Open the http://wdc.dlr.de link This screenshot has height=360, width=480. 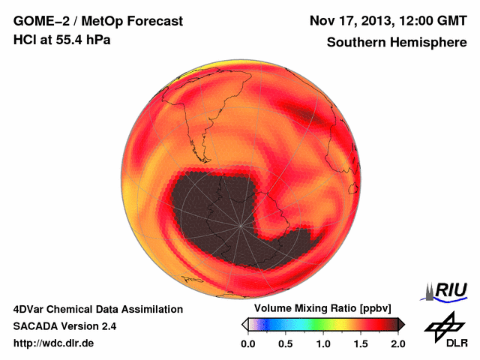(x=54, y=343)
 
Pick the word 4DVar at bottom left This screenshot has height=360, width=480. (x=30, y=309)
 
